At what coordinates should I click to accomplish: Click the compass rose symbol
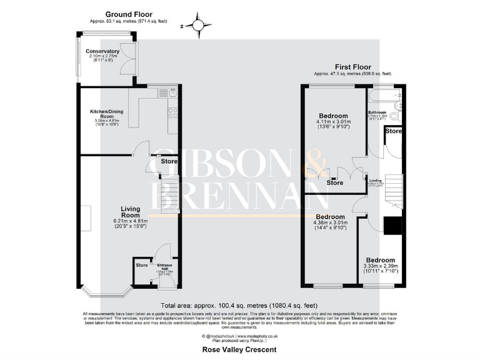(198, 26)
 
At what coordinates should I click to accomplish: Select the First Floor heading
(352, 67)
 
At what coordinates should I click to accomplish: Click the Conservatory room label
(103, 51)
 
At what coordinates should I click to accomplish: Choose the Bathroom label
(378, 112)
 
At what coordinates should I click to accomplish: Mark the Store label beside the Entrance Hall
(142, 266)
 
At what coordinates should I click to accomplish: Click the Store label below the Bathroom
(393, 131)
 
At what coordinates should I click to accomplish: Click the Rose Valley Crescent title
(239, 350)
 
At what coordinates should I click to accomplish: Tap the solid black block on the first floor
(392, 226)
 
